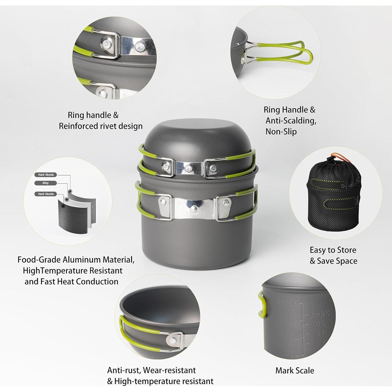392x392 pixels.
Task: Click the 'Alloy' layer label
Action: [45, 183]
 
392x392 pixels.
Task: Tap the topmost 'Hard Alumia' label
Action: [46, 175]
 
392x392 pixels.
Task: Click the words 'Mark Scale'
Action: [295, 370]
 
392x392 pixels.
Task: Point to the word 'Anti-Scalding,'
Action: [291, 120]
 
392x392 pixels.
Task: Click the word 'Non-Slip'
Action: [281, 131]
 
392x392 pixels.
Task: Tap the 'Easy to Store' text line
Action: [333, 250]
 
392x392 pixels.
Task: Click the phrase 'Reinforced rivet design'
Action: [101, 126]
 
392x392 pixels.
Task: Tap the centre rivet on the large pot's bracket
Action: [194, 208]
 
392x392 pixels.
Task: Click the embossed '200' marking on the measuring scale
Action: [292, 354]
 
